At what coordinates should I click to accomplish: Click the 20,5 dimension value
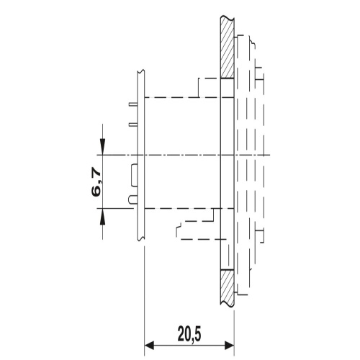tap(189, 334)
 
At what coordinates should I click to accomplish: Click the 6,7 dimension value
tap(96, 182)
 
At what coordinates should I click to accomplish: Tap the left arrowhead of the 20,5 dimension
tap(149, 346)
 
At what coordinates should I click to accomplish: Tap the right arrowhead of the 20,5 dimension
tap(229, 346)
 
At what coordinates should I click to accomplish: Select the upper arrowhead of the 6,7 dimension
tap(102, 146)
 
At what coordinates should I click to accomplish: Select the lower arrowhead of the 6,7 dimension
tap(102, 217)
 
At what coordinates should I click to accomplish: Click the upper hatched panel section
tap(228, 48)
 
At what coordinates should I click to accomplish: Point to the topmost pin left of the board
tap(133, 104)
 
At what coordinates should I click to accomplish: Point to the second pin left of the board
tap(133, 125)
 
